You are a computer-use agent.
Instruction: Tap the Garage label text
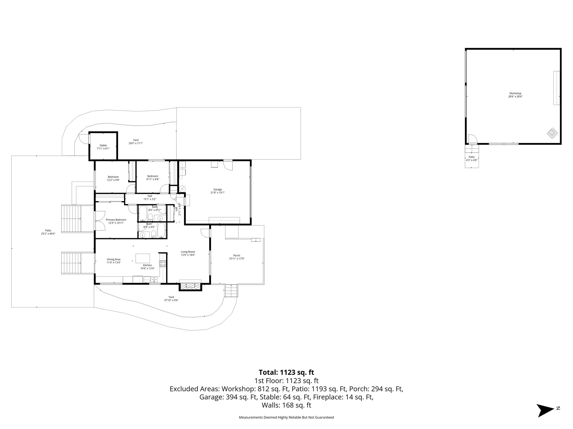(217, 189)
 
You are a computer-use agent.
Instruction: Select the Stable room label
(103, 146)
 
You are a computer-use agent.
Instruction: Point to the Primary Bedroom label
(116, 220)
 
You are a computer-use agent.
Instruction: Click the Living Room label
(188, 252)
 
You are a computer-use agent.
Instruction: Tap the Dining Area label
(113, 259)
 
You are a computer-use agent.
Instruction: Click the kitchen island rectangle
(143, 258)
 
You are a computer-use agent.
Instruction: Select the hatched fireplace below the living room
(190, 286)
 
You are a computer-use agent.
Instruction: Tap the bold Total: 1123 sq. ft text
(286, 372)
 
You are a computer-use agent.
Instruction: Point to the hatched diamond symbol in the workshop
(552, 133)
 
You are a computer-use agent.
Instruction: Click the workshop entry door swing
(473, 139)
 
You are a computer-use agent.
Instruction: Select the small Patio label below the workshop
(472, 157)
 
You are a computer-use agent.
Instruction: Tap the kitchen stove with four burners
(163, 263)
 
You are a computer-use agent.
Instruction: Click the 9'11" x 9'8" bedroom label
(152, 179)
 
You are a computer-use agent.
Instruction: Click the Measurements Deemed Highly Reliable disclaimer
(286, 418)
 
